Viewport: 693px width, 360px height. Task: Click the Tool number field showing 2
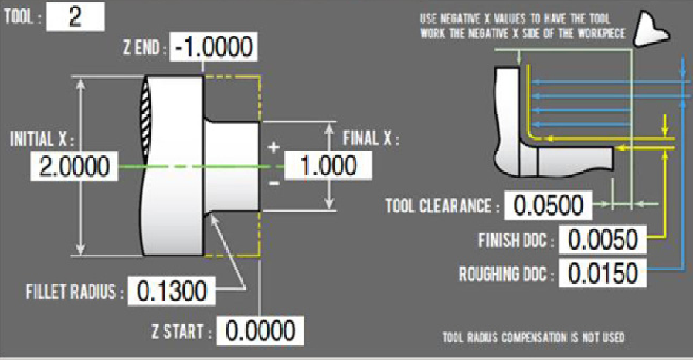(75, 18)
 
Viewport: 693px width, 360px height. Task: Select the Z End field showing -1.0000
(213, 48)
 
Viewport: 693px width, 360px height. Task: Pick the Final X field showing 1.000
(327, 166)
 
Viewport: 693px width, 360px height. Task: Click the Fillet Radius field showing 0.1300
(172, 291)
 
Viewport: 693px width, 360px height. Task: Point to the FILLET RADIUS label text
(76, 292)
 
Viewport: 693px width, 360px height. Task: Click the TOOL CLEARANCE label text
(438, 206)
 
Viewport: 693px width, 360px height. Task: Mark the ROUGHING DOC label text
(507, 273)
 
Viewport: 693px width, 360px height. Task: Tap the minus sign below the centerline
(272, 184)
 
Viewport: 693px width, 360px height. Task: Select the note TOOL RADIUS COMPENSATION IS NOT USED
(533, 338)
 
